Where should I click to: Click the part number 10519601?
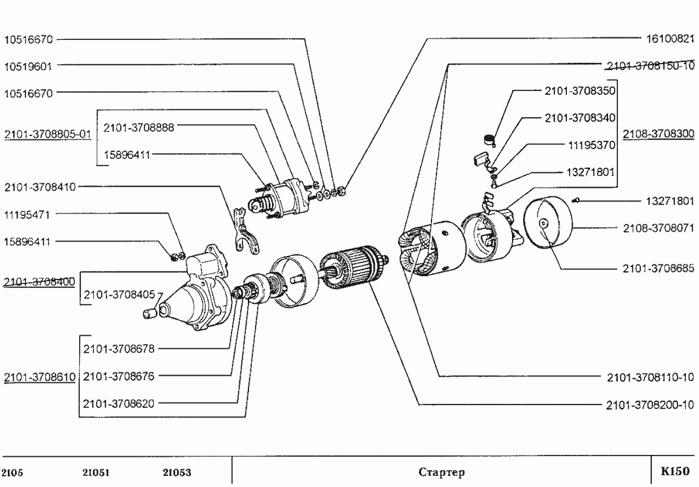tap(28, 66)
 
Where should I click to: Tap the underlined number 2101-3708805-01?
tap(47, 135)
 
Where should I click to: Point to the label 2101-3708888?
tap(139, 127)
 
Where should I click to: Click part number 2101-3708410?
tap(40, 187)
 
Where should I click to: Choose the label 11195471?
tap(28, 214)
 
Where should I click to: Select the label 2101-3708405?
tap(119, 295)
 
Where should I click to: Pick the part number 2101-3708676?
tap(119, 376)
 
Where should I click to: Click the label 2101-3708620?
tap(119, 403)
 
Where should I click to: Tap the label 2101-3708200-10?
tap(649, 405)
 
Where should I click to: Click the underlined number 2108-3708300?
tap(658, 134)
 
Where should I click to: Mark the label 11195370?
tap(591, 145)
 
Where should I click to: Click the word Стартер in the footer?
tap(441, 472)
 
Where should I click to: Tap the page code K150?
tap(674, 471)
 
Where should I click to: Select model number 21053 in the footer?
tap(177, 473)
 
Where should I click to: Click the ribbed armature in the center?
tap(353, 268)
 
